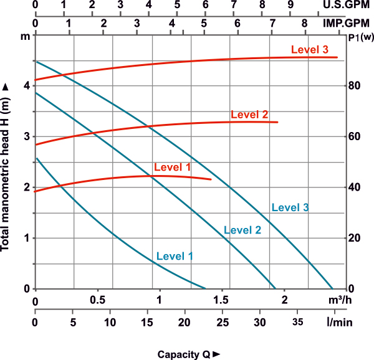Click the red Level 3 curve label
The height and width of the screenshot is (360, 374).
[x=309, y=50]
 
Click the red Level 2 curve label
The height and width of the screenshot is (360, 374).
[x=249, y=115]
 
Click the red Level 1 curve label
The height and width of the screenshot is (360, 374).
[x=171, y=167]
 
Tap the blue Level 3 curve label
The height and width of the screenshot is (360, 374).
[x=290, y=207]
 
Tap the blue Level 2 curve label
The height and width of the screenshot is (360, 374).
[x=242, y=230]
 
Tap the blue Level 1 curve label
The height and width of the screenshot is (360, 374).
[x=175, y=256]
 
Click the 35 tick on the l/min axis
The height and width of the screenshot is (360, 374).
[x=299, y=323]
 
